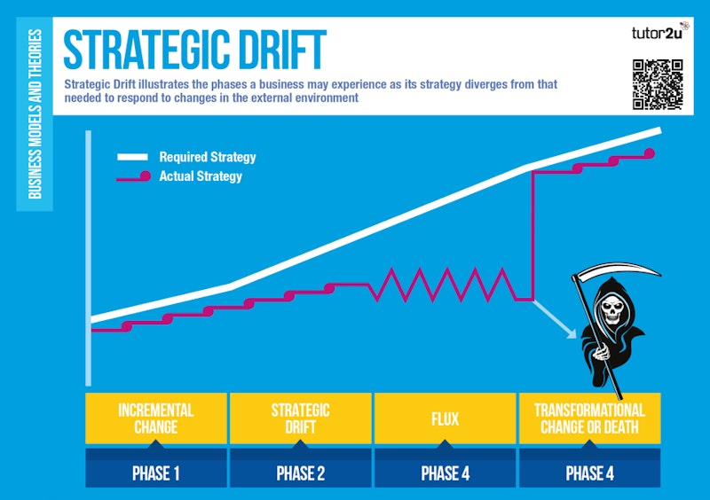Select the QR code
tap(658, 84)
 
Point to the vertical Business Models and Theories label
tap(35, 114)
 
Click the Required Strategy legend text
tap(208, 157)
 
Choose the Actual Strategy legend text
tap(201, 176)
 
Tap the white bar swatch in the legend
tap(132, 157)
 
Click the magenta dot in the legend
tap(146, 176)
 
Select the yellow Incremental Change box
tap(156, 418)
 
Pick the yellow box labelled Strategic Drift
tap(300, 418)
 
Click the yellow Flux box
tap(445, 418)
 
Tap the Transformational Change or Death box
tap(589, 418)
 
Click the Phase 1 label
tap(156, 473)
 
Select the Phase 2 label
tap(300, 473)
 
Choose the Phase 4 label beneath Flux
tap(446, 473)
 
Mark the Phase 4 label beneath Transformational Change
tap(589, 473)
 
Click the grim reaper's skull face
tap(611, 311)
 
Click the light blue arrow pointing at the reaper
tap(556, 320)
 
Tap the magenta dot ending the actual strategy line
tap(650, 153)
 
